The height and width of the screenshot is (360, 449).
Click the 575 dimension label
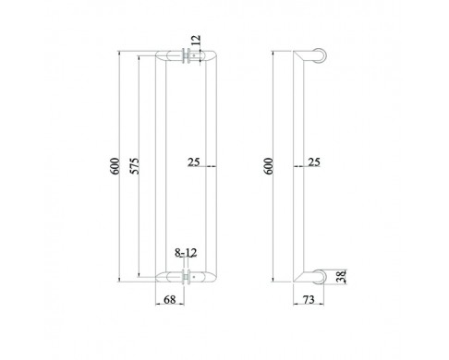coord(134,166)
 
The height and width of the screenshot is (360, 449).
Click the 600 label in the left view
coord(115,166)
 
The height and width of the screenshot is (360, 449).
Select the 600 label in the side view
coord(269,166)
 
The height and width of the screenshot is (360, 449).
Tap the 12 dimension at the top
coord(196,40)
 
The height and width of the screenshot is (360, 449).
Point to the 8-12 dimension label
coord(186,253)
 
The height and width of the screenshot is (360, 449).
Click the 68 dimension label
coord(170,299)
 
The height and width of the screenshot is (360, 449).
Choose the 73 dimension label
coord(309,299)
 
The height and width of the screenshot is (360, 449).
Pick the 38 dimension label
coord(342,276)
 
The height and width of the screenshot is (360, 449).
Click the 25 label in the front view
coord(194,162)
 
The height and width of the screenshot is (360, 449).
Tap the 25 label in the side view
coord(314,162)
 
